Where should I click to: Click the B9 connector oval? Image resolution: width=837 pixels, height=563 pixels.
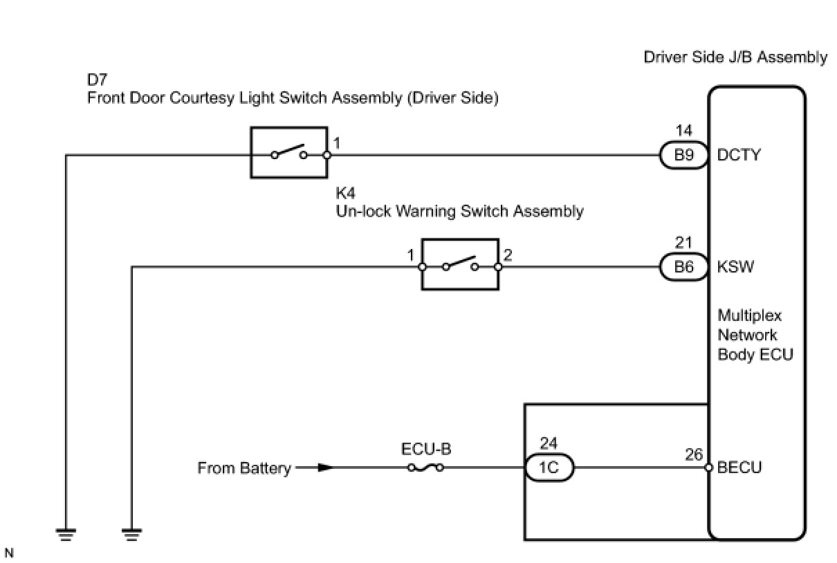coord(683,156)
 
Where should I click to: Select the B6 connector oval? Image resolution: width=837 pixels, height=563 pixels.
coord(683,267)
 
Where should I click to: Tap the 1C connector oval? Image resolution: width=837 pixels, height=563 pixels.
coord(548,468)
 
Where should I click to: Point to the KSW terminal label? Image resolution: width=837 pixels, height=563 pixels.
coord(736,267)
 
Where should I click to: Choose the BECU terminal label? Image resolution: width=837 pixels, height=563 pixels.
coord(739,468)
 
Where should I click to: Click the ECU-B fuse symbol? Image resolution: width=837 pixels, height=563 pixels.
coord(425,468)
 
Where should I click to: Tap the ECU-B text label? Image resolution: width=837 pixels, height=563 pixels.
coord(426,450)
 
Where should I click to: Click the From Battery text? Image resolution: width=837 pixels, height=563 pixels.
coord(244,468)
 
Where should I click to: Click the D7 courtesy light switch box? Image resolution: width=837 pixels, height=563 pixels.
coord(288,153)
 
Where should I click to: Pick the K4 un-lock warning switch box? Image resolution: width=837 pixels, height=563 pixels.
coord(460,264)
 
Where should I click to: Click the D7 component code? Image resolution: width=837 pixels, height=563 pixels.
coord(97,80)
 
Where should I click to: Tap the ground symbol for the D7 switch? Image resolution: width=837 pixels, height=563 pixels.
coord(66,533)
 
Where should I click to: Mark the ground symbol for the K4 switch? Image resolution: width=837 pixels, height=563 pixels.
coord(131,533)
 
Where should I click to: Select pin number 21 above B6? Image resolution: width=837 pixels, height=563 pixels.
coord(683,243)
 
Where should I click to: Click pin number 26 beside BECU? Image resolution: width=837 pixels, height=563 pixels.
coord(695,455)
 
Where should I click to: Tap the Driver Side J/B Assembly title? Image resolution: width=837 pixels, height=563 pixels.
coord(735,57)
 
